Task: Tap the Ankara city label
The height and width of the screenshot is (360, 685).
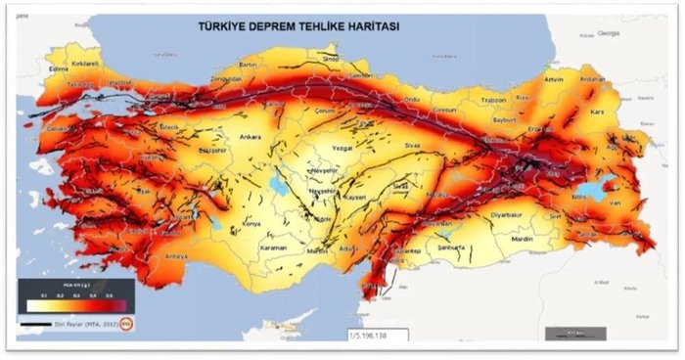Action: point(251,138)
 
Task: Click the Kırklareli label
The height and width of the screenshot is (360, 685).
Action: point(86,62)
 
